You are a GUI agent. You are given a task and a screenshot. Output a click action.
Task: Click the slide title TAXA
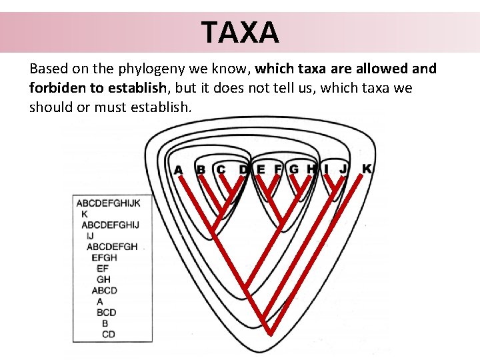pos(240,31)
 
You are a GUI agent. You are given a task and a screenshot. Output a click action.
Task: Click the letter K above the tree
pos(367,169)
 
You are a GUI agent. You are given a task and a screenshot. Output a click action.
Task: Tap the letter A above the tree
pos(178,170)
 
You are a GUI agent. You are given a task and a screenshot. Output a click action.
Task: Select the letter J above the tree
pos(343,169)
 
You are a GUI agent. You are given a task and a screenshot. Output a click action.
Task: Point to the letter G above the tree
pos(294,169)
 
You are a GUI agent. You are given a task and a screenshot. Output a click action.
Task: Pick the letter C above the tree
pos(221,170)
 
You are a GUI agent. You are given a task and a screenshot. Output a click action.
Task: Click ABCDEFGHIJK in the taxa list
pos(108,203)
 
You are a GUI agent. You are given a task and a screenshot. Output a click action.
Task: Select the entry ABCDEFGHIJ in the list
pos(110,225)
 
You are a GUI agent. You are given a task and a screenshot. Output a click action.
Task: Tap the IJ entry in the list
pos(90,235)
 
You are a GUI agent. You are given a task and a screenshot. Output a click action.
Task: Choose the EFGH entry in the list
pos(104,257)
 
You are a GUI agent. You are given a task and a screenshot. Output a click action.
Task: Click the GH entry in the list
pos(103,279)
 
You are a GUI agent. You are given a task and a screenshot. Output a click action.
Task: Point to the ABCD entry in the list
pos(104,290)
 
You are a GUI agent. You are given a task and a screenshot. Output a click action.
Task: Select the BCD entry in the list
pos(106,312)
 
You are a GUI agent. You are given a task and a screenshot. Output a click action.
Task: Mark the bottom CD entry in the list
pos(109,334)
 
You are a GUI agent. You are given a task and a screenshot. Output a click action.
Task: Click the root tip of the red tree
pos(272,331)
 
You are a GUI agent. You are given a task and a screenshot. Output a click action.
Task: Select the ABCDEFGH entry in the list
pos(112,247)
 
